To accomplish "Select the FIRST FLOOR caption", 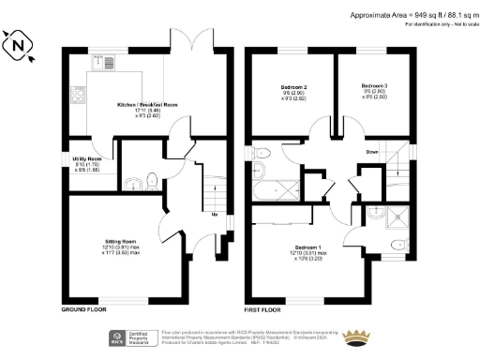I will (263, 308).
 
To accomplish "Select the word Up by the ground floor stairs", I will (216, 215).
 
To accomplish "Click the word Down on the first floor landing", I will (373, 152).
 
